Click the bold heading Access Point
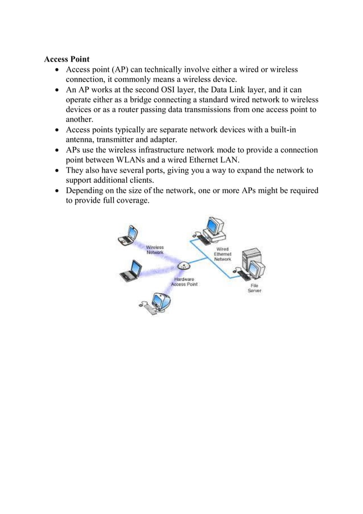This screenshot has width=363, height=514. click(x=67, y=59)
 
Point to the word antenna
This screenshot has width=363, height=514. click(x=82, y=139)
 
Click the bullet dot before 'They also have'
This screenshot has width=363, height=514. click(x=59, y=170)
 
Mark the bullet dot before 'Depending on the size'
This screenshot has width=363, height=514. click(x=59, y=190)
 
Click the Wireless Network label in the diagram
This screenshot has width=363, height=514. click(x=155, y=250)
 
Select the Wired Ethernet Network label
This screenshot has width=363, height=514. click(x=222, y=253)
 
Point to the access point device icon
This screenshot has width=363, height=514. click(x=183, y=266)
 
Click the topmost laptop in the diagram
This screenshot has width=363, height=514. click(x=127, y=235)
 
